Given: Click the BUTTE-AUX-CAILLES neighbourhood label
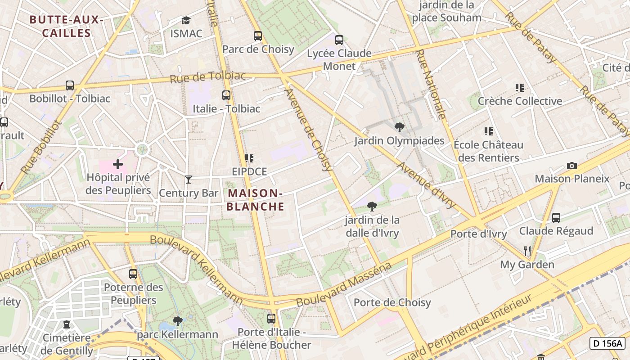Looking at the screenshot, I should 66,27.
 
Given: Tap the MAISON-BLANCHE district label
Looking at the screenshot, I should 255,200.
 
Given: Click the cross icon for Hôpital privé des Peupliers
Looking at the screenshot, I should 118,164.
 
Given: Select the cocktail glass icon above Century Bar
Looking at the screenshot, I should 189,180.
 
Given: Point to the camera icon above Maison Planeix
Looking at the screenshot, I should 572,166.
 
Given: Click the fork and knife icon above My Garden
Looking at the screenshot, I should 527,251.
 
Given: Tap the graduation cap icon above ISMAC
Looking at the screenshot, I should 186,20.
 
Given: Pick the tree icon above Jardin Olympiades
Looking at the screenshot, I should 399,127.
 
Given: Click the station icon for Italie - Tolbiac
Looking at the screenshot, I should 226,95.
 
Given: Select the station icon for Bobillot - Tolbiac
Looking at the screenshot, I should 70,85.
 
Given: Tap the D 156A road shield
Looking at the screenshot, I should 607,343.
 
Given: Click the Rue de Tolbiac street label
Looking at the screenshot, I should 208,77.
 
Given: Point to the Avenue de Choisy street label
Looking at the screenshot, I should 309,130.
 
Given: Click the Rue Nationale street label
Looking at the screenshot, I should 431,84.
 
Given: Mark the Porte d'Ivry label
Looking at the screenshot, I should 478,234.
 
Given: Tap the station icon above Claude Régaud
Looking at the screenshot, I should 556,218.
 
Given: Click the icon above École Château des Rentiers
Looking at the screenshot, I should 488,131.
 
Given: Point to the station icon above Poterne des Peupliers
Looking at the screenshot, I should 133,274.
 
